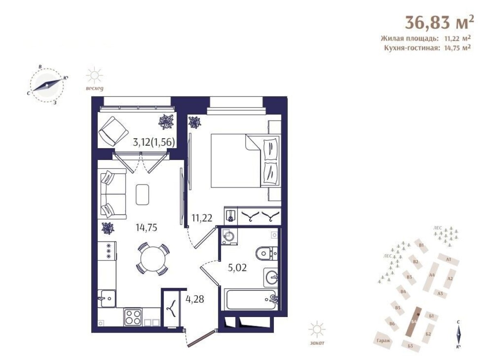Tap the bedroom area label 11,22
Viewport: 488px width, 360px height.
(202, 218)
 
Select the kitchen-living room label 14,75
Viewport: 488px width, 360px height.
(147, 228)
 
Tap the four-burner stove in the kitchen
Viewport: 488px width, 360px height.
(133, 317)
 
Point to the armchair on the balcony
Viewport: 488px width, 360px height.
(111, 130)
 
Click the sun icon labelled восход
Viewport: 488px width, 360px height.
(95, 76)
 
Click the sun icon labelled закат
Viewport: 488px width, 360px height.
(317, 330)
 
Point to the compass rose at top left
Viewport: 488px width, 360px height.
(47, 85)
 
